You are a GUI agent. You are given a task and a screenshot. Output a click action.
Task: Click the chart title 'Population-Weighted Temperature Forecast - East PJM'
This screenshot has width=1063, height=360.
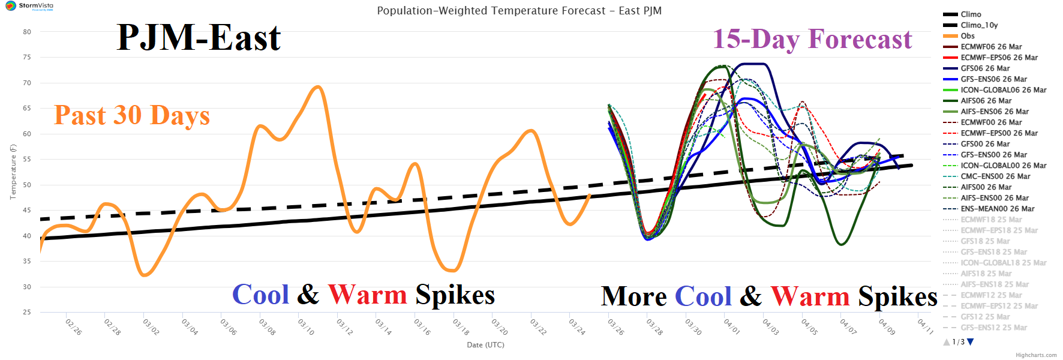coord(519,11)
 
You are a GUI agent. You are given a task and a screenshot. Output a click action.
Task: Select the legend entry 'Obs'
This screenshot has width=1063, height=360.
coord(967,36)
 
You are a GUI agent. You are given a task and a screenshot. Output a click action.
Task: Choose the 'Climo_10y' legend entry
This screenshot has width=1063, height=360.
coord(979,25)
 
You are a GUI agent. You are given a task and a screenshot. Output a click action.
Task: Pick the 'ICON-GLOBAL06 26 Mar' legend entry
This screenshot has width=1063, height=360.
coord(1003,90)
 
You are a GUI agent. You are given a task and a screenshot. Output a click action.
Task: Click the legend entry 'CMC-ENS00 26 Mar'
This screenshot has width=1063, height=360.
coord(995,176)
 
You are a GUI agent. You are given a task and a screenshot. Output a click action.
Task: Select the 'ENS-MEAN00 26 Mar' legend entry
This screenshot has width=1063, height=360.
coord(997,209)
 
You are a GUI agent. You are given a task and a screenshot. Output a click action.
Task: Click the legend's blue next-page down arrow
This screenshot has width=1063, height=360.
coord(971,342)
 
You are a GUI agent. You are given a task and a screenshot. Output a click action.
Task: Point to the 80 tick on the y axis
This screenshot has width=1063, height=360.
coord(27,32)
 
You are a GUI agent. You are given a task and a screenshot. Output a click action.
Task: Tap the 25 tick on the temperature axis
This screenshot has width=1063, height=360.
coord(27,312)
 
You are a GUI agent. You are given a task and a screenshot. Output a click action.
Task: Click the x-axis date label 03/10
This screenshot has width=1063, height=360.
coord(306,327)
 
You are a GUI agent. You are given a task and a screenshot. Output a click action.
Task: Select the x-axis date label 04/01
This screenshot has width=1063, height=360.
coord(731,327)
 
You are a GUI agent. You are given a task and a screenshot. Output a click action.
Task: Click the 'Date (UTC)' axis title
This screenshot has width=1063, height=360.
coord(485,345)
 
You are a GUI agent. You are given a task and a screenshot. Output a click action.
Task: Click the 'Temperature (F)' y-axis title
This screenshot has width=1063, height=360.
coord(13,172)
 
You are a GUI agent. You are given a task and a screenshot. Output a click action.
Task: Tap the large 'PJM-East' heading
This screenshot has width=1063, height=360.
coord(199,38)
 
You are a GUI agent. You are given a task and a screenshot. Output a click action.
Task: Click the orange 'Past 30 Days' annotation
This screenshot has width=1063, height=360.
coord(132,115)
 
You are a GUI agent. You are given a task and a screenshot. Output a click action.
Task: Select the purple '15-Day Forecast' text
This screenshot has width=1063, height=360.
coord(812,40)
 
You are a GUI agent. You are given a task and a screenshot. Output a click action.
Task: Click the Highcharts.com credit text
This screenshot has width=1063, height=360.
coord(1036,355)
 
